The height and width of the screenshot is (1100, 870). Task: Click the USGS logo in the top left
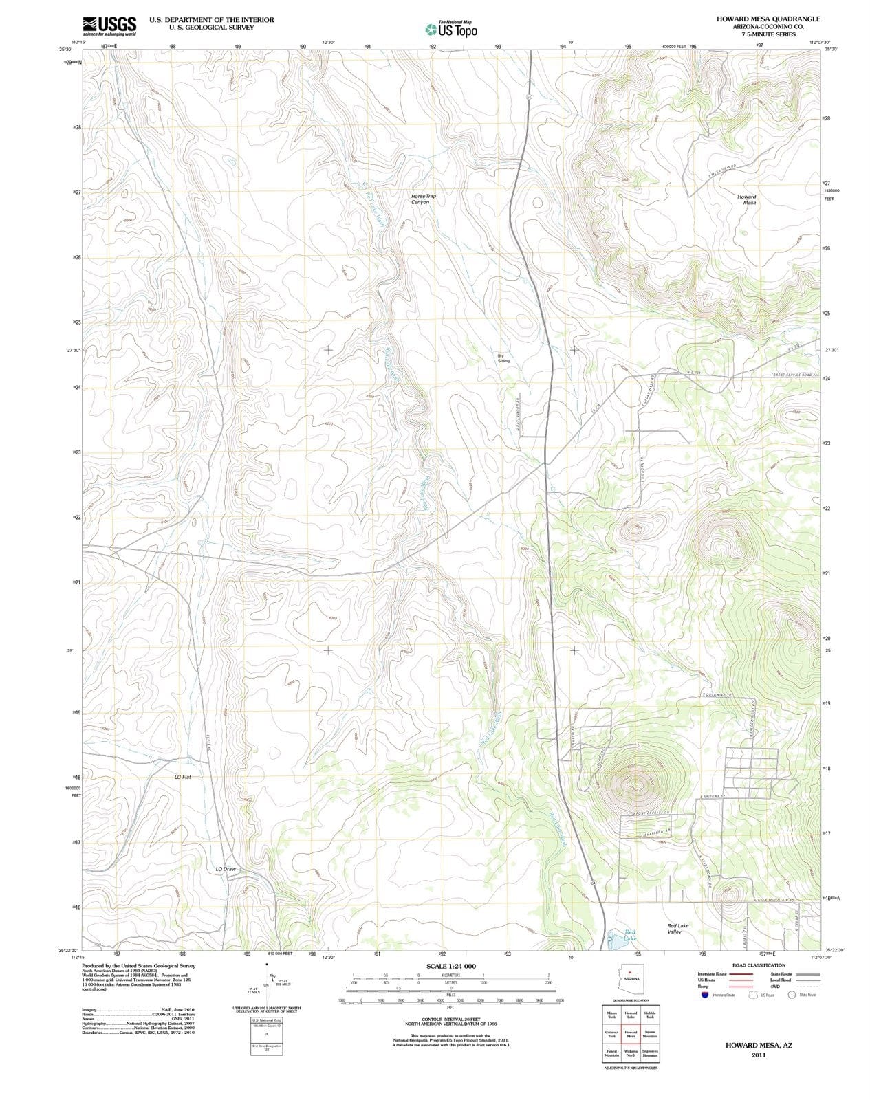pyautogui.click(x=109, y=25)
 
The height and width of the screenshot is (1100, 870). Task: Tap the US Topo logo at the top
pyautogui.click(x=451, y=30)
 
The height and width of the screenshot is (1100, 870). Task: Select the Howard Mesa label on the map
pyautogui.click(x=746, y=199)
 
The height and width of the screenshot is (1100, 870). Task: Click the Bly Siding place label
pyautogui.click(x=503, y=358)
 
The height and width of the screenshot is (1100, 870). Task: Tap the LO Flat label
pyautogui.click(x=182, y=777)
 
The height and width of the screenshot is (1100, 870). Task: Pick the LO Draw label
pyautogui.click(x=226, y=869)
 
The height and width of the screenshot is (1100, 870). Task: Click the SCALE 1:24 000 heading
pyautogui.click(x=450, y=966)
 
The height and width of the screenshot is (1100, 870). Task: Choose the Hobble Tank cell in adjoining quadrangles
pyautogui.click(x=650, y=1015)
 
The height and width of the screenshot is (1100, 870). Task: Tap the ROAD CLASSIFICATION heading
pyautogui.click(x=759, y=965)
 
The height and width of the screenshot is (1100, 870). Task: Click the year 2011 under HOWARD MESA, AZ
pyautogui.click(x=759, y=1055)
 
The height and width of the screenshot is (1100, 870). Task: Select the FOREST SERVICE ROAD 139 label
pyautogui.click(x=796, y=375)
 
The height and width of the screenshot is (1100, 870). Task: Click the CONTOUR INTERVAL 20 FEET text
pyautogui.click(x=450, y=1020)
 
